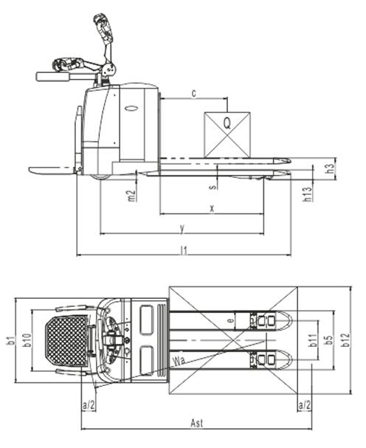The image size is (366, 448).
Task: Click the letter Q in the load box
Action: click(x=227, y=123)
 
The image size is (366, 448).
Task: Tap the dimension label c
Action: click(x=194, y=93)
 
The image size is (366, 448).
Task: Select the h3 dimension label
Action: click(x=330, y=168)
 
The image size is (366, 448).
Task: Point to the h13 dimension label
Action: click(x=307, y=194)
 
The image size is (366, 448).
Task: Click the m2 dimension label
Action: click(x=131, y=196)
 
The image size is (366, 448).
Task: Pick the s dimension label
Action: click(x=213, y=187)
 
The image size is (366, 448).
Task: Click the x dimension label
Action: click(x=212, y=208)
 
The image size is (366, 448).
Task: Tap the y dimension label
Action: click(x=182, y=229)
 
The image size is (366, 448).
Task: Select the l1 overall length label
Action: click(x=184, y=250)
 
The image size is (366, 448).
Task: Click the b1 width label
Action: click(x=10, y=340)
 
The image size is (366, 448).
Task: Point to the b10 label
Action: click(x=28, y=340)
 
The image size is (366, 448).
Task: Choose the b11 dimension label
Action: click(x=314, y=340)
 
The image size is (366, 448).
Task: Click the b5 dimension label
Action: click(x=330, y=340)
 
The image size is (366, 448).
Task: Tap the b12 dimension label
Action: click(x=346, y=340)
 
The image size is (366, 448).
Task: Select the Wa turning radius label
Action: click(x=179, y=361)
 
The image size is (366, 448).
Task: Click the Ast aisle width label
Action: click(x=197, y=423)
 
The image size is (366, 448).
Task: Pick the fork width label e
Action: click(x=231, y=320)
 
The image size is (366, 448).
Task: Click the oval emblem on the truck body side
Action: click(x=131, y=108)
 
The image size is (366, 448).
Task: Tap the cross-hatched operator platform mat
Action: click(x=66, y=340)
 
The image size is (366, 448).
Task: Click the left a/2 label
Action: click(x=89, y=405)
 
